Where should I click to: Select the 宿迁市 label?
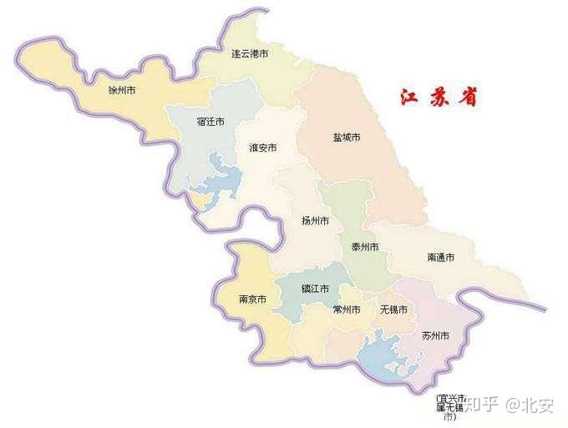210,122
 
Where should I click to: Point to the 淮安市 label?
262,148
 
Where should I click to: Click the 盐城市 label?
346,137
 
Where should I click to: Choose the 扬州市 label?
315,221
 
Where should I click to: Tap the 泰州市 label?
364,247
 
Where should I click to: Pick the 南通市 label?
440,258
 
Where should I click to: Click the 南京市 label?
252,299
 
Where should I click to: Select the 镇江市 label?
315,289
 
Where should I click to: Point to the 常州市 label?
346,310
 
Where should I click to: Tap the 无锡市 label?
393,310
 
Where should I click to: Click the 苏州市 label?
435,335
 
